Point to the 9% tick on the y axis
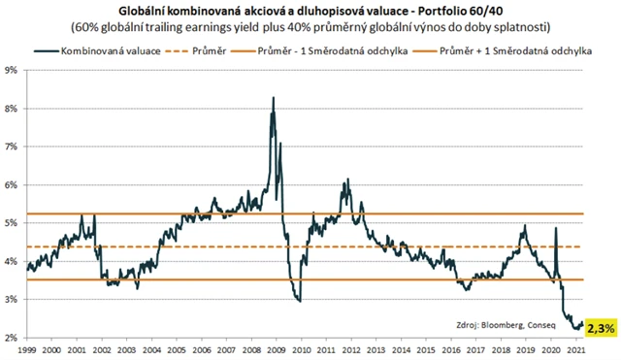(15, 70)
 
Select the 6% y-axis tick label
(15, 184)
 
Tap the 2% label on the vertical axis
(15, 338)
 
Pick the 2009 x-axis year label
(275, 349)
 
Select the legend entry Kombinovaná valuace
(115, 49)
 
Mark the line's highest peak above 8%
(273, 98)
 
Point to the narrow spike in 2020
(556, 229)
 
